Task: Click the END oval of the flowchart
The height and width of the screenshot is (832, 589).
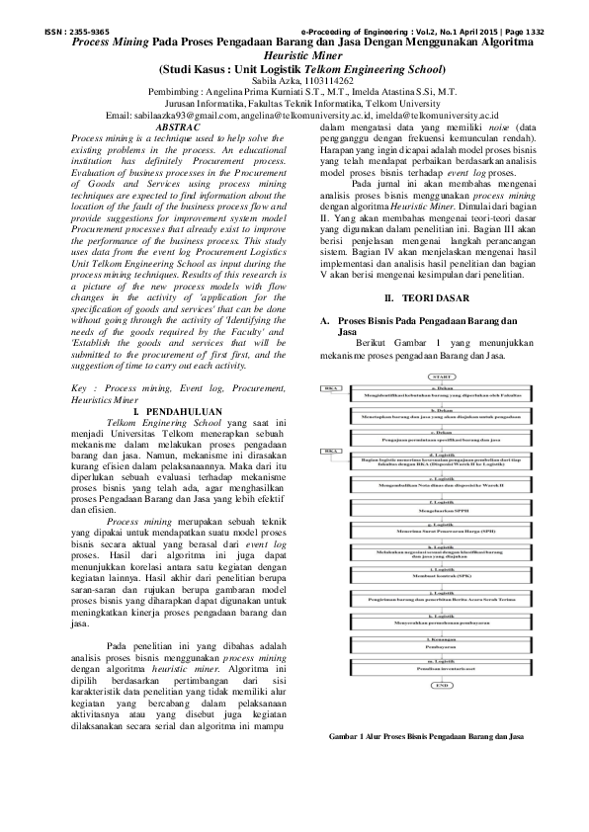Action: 442,739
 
